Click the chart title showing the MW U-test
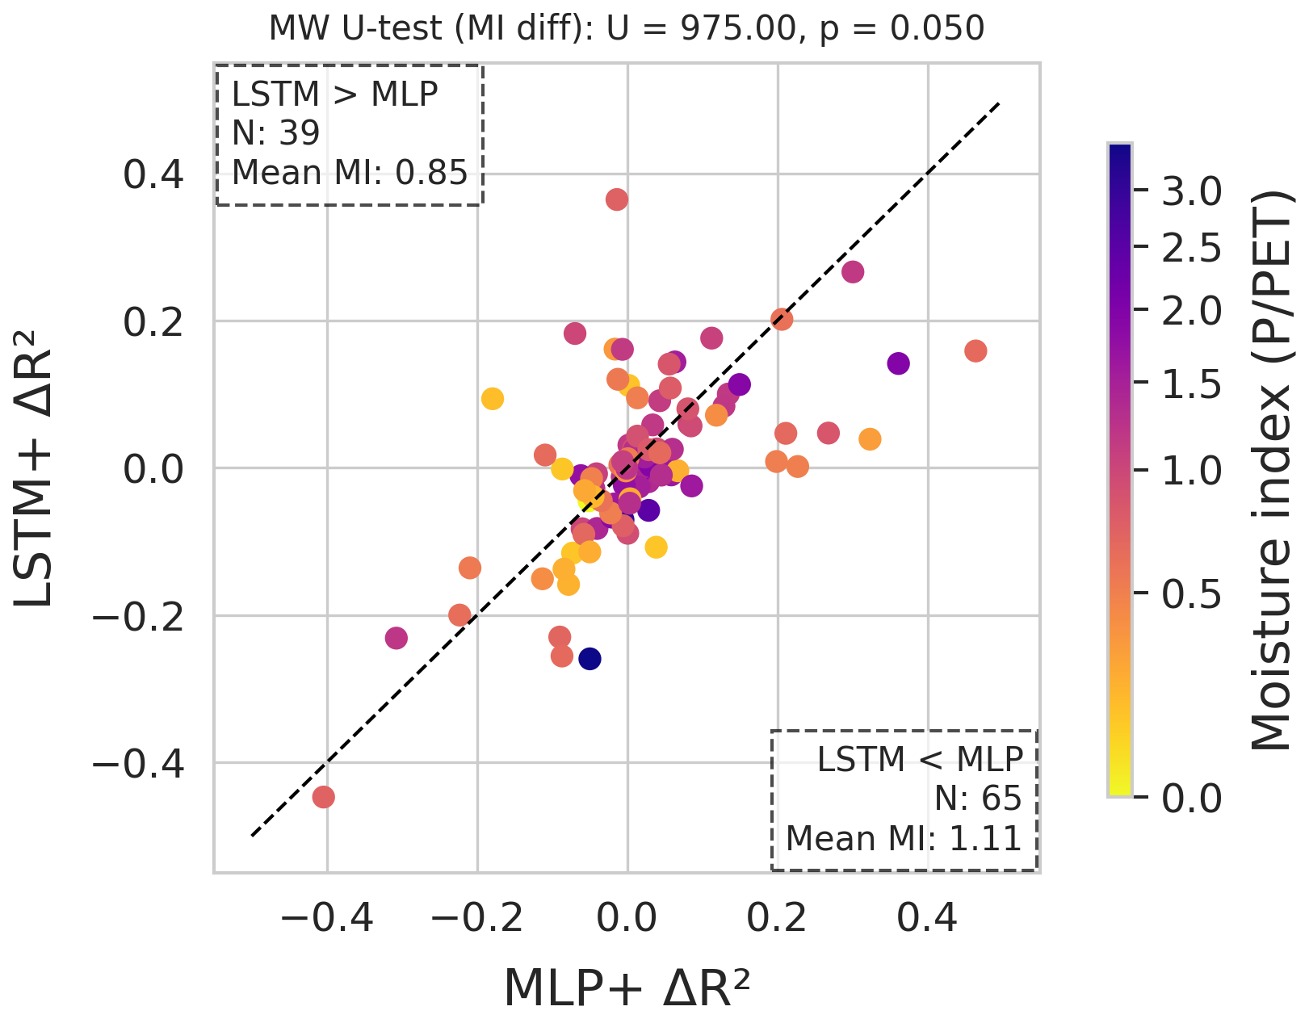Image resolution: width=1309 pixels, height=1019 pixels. pos(627,29)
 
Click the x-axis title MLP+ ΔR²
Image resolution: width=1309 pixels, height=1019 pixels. pos(627,987)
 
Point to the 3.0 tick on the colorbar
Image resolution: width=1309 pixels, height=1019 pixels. pos(1191,191)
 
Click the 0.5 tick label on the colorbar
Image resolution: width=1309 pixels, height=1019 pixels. pos(1191,595)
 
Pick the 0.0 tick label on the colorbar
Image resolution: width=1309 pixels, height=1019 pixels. pos(1191,799)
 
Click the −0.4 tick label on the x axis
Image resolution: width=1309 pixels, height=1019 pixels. pos(327,918)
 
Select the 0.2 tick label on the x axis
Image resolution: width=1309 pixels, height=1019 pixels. pos(777,918)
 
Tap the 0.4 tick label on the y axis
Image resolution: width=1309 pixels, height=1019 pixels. pos(153,174)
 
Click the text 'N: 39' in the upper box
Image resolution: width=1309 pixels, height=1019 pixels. pos(275,133)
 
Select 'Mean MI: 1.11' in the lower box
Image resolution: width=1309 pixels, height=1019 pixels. pos(904,839)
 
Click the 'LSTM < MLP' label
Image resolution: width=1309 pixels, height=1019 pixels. pos(920,760)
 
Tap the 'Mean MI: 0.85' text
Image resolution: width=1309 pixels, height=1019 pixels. pos(350,173)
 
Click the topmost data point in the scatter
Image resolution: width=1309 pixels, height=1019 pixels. pos(617,199)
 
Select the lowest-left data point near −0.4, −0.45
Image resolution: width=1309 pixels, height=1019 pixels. pos(324,798)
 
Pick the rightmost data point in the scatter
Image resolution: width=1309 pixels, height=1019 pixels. pos(975,351)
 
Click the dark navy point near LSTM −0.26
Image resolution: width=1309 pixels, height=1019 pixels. pos(590,659)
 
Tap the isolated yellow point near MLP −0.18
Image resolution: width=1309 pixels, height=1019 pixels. pos(493,398)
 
